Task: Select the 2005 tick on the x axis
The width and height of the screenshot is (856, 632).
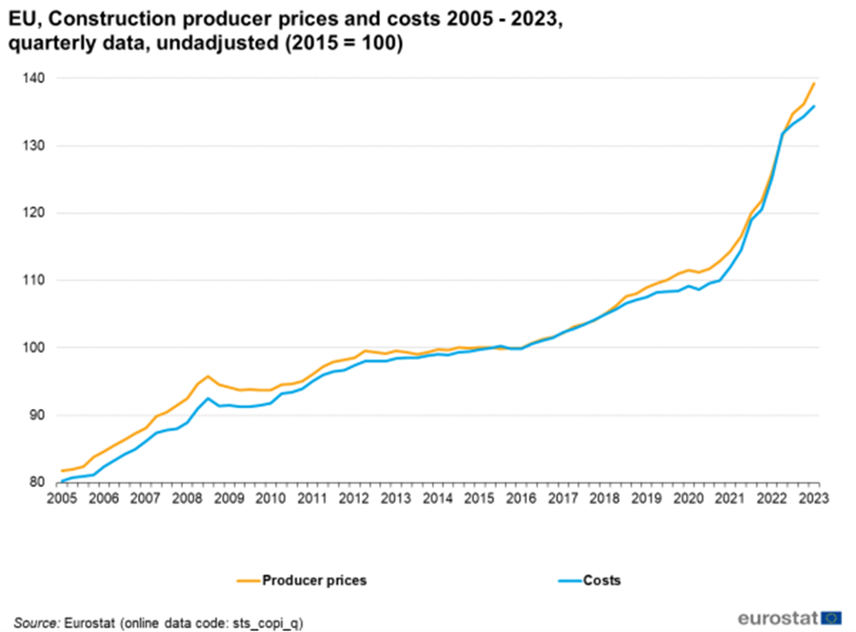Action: point(61,498)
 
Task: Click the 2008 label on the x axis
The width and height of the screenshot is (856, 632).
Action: point(187,498)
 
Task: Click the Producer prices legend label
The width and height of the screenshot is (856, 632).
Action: point(314,580)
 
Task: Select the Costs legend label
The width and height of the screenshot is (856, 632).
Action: point(602,580)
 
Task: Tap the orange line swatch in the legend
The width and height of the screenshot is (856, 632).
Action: point(246,580)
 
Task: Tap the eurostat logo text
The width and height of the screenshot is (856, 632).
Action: point(777,617)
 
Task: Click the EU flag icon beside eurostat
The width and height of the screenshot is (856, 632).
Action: point(831,617)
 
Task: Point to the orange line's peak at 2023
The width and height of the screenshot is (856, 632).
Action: point(814,83)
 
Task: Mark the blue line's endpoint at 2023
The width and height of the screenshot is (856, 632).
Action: point(814,106)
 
